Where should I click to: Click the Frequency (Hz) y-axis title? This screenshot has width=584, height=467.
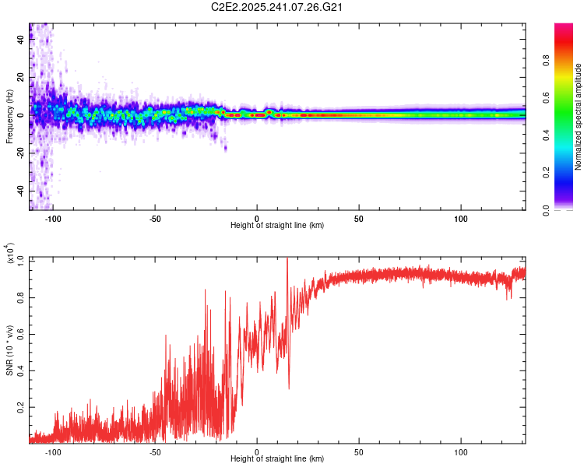click(x=9, y=117)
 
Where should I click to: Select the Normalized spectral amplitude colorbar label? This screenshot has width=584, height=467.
click(x=579, y=117)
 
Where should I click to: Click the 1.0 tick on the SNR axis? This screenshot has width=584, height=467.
click(x=21, y=258)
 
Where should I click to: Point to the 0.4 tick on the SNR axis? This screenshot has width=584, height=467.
click(x=21, y=370)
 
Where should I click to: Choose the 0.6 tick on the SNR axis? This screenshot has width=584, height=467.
click(x=21, y=332)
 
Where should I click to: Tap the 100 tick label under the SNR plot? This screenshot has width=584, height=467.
click(x=461, y=451)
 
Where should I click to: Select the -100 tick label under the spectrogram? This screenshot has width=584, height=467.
click(x=53, y=219)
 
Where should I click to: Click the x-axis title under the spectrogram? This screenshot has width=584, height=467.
click(x=277, y=226)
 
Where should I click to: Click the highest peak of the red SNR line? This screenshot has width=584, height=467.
click(x=287, y=259)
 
